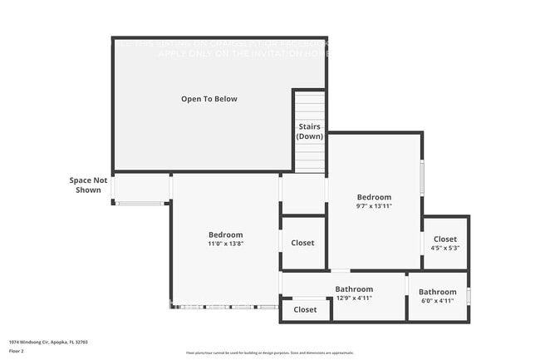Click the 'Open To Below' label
209,99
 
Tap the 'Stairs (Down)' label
310,131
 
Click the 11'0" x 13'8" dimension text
225,245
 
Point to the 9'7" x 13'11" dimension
373,205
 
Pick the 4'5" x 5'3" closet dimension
445,248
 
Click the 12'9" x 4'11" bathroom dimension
354,298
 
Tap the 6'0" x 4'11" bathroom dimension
437,301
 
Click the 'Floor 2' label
17,351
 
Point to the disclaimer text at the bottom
270,353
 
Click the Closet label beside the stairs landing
302,243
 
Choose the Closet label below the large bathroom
305,309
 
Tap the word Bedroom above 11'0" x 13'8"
225,235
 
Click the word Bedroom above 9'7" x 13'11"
373,197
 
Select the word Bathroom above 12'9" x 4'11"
354,289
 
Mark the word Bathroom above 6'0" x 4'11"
437,292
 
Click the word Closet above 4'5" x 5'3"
445,239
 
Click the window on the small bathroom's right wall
469,296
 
